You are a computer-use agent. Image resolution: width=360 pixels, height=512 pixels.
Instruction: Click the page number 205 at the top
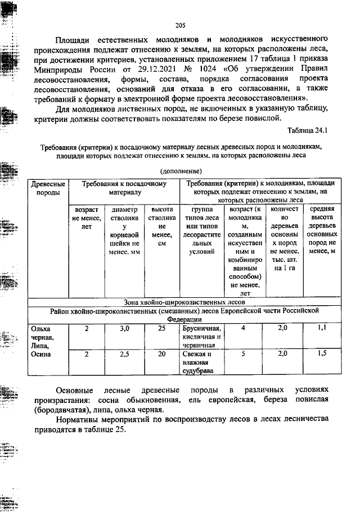pyautogui.click(x=180, y=25)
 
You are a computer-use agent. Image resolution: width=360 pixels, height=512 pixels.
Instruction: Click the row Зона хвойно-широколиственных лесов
pyautogui.click(x=181, y=302)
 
